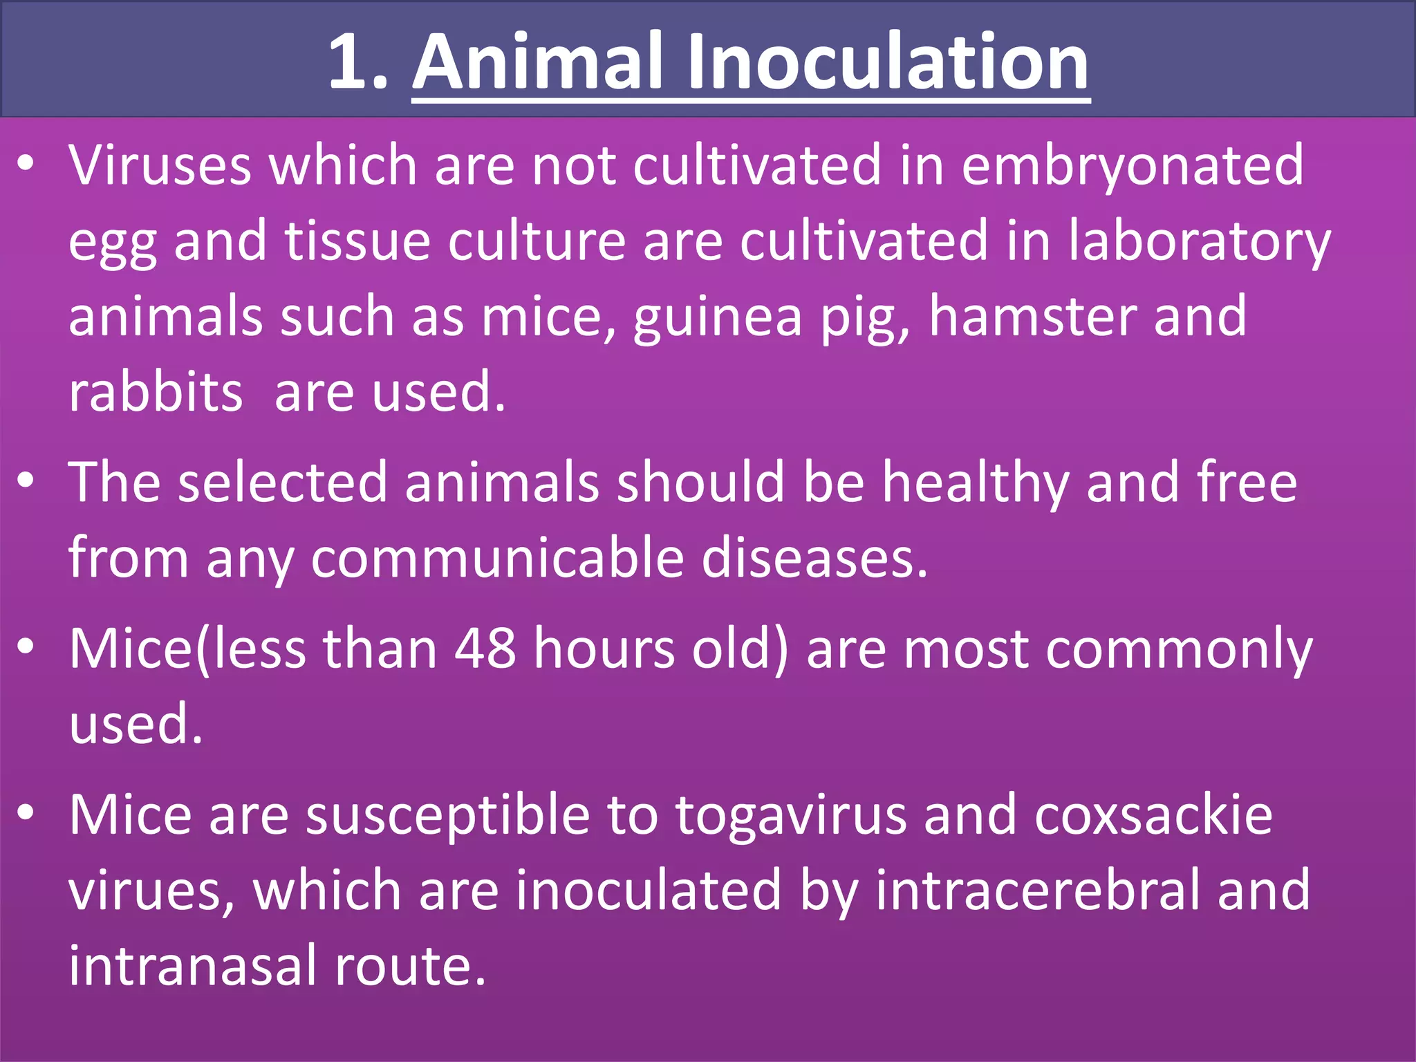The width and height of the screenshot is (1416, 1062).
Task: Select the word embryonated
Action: pyautogui.click(x=1132, y=166)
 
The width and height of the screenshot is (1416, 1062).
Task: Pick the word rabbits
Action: pyautogui.click(x=156, y=392)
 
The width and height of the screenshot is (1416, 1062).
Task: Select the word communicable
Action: pyautogui.click(x=497, y=558)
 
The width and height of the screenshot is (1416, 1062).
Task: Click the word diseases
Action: pyautogui.click(x=814, y=558)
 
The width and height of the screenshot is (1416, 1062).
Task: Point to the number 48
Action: pyautogui.click(x=485, y=649)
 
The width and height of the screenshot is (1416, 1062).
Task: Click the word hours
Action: pyautogui.click(x=604, y=649)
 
